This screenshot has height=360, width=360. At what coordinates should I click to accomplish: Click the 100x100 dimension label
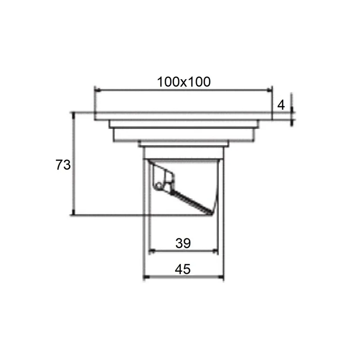click(184, 82)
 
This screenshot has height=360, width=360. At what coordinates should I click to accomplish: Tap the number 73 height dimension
click(63, 165)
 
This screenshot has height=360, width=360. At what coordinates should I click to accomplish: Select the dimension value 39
click(183, 243)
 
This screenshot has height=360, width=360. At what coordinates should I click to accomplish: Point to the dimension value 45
click(183, 269)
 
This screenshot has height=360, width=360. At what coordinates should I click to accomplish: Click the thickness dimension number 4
click(281, 105)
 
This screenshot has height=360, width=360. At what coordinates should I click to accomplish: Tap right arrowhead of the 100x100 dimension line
click(269, 90)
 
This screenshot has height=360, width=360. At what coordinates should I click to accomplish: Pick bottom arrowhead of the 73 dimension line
click(73, 212)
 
